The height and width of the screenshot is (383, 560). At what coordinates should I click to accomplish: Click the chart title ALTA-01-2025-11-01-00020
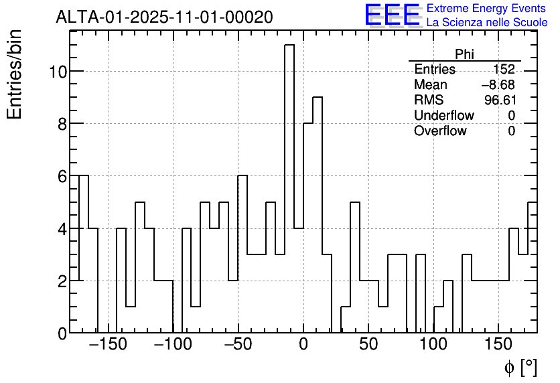point(164,17)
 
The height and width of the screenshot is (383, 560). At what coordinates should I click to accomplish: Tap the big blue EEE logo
point(392,15)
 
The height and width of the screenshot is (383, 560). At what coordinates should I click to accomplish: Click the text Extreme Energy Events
point(487,9)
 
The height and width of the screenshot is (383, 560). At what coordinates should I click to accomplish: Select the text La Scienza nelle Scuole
point(487,23)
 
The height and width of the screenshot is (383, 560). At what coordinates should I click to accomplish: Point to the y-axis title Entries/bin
point(15,74)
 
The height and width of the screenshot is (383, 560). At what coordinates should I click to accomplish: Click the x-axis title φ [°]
point(520,367)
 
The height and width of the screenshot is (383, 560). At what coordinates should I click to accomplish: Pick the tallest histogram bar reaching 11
point(289,187)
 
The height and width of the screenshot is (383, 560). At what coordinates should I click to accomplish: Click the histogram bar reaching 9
point(318,214)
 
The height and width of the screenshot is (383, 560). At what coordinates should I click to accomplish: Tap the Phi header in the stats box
point(464,54)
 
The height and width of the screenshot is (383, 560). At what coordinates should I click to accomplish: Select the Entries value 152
point(504,70)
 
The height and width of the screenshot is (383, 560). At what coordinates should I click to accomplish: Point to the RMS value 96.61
point(499,100)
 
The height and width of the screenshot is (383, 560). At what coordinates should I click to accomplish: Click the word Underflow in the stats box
point(443,116)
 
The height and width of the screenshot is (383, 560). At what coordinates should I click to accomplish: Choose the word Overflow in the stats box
point(440,131)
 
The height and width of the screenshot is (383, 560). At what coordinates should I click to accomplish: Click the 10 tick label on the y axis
point(57,72)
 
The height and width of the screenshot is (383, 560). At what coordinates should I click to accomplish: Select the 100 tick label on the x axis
point(433,346)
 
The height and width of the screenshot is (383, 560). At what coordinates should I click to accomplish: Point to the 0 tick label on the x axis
point(303,346)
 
